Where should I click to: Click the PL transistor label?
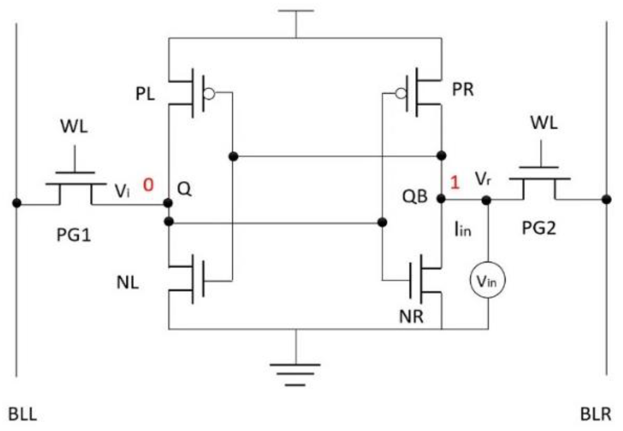[x=145, y=95]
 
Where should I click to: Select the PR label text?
[x=463, y=89]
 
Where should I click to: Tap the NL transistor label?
[x=127, y=283]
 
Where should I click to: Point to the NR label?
[x=411, y=316]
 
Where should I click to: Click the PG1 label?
[x=74, y=235]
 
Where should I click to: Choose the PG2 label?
[x=539, y=228]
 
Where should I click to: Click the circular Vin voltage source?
[x=487, y=280]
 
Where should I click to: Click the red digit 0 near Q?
[x=148, y=185]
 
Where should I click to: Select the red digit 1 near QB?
[x=455, y=182]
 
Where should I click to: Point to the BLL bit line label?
[x=22, y=414]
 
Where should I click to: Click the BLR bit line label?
[x=595, y=414]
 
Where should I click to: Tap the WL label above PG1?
[x=74, y=127]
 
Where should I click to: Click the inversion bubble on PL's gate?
[x=210, y=94]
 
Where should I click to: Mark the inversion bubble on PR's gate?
[x=401, y=94]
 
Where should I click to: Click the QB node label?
[x=415, y=196]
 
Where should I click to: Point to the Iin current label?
[x=462, y=230]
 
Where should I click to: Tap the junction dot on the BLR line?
[x=606, y=200]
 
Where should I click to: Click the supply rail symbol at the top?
[x=296, y=11]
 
